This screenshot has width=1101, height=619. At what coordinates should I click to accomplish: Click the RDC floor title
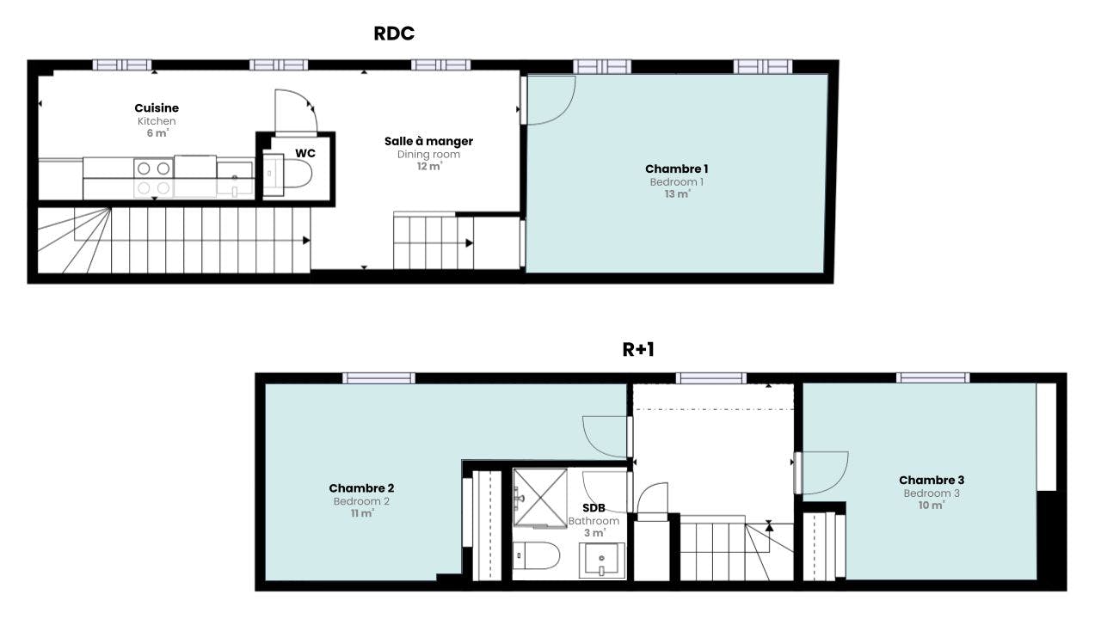pos(394,34)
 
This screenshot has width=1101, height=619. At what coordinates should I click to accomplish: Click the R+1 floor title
pos(638,350)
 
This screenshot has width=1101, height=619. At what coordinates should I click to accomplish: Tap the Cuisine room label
pos(157,108)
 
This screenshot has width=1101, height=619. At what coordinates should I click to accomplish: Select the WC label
pos(305,153)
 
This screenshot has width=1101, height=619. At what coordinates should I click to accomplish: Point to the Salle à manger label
pos(428,142)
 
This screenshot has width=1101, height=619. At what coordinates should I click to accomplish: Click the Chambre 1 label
pos(676,169)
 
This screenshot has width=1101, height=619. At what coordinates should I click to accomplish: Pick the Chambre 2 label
pos(361,488)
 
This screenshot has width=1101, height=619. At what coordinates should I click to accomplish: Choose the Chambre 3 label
pos(932,480)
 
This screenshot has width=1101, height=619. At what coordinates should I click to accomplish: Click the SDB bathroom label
pos(594,508)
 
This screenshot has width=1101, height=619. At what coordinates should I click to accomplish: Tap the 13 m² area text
pos(677,194)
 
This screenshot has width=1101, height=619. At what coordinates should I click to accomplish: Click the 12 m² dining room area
pos(429,167)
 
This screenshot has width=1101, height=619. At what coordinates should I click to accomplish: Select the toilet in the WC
pos(287,174)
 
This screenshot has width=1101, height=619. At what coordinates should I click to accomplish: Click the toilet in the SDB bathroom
pos(536,555)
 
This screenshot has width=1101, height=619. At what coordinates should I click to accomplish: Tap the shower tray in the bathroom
pos(539,498)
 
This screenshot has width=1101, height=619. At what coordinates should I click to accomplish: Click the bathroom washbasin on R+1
pos(601,561)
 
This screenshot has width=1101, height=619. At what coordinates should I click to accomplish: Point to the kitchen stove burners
pos(153,178)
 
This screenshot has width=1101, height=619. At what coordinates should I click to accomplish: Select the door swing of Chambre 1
pos(551,100)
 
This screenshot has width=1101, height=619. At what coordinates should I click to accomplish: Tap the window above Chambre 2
pos(378,377)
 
